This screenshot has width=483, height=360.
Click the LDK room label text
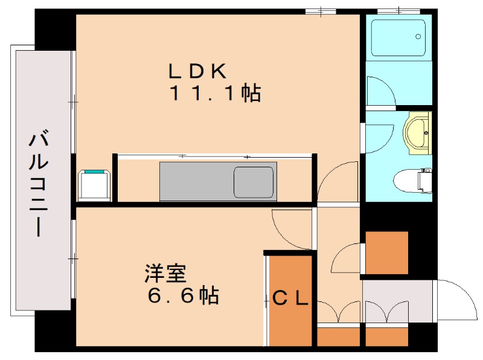[x=197, y=71]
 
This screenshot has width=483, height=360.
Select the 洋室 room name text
[x=164, y=274]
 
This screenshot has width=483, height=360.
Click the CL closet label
[x=291, y=297]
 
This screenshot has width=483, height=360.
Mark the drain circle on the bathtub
[x=418, y=37]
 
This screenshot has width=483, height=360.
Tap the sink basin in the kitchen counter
[x=253, y=181]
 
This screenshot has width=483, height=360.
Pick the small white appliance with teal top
[x=94, y=184]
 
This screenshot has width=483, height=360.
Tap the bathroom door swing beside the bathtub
[x=380, y=91]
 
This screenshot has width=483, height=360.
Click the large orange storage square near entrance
[x=386, y=252]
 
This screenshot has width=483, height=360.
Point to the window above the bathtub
[x=398, y=10]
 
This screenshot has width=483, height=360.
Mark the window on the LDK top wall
[x=321, y=10]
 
